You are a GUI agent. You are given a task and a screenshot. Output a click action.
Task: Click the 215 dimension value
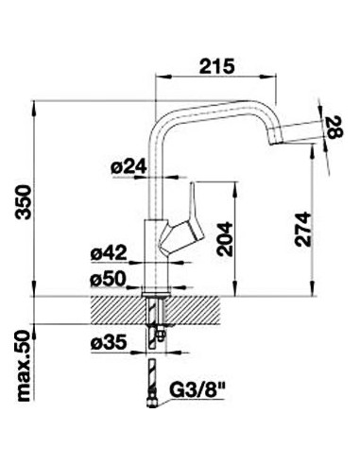point(217,66)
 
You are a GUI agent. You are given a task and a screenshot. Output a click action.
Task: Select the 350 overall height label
point(24,202)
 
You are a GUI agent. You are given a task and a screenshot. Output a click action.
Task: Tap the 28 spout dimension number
point(334,127)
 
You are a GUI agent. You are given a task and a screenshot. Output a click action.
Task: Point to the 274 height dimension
point(302,230)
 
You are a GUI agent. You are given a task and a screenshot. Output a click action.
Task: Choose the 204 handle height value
point(225,239)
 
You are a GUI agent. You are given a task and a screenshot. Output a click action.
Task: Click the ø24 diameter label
point(129,166)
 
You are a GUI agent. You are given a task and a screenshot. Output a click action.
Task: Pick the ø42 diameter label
point(109,252)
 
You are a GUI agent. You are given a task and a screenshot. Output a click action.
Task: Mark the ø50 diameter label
point(108,279)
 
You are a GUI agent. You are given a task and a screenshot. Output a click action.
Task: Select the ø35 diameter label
point(109,342)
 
